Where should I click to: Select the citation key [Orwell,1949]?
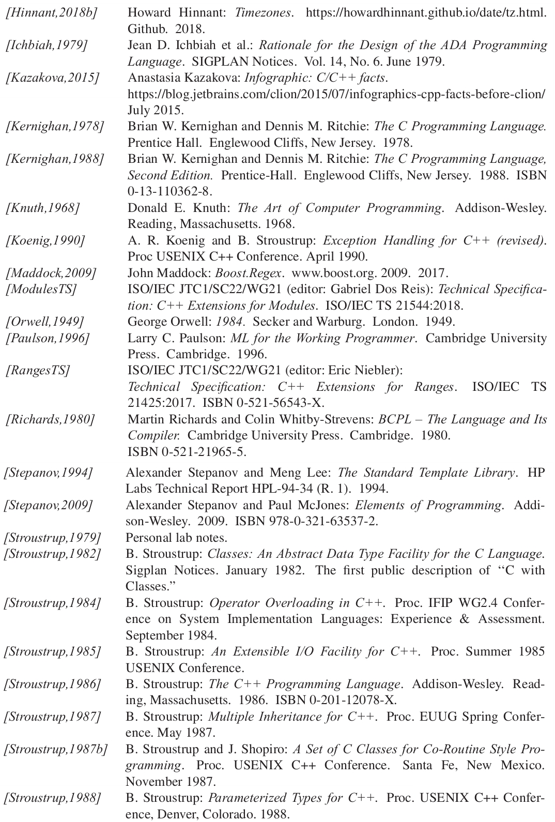click(x=44, y=322)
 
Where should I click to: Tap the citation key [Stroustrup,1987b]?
click(x=55, y=749)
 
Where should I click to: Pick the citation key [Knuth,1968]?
click(x=42, y=208)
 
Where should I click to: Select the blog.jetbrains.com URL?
click(x=336, y=94)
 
